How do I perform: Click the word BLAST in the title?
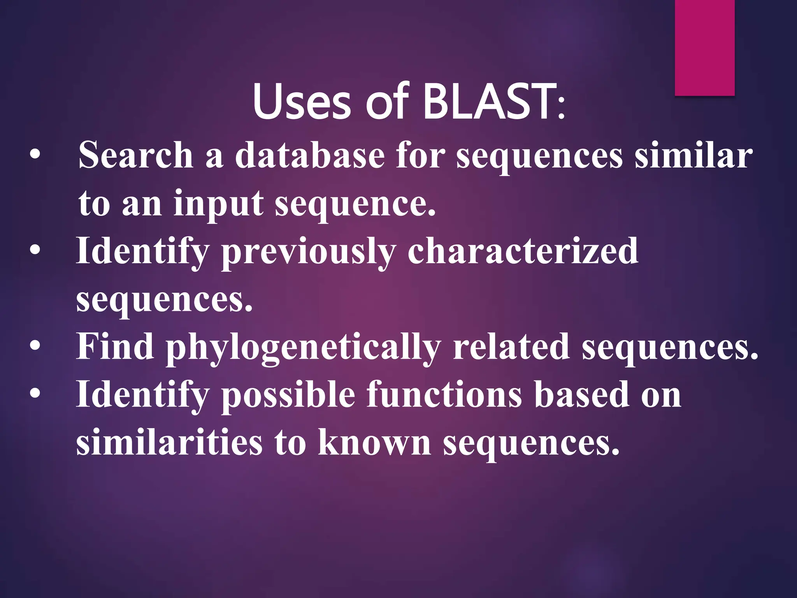click(x=489, y=102)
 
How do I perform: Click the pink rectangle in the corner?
click(x=704, y=47)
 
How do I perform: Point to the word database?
click(x=310, y=155)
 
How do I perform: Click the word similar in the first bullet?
click(x=693, y=155)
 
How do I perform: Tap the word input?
click(x=218, y=204)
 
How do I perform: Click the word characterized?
click(x=523, y=251)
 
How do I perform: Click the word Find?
click(x=115, y=346)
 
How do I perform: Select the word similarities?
click(x=169, y=443)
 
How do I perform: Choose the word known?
click(x=374, y=443)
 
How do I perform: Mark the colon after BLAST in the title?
click(x=561, y=109)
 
